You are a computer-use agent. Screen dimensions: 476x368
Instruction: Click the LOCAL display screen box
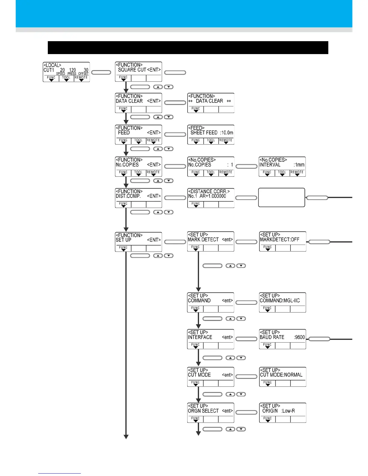[66, 72]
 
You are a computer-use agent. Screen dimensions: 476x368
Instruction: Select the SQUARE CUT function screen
[138, 72]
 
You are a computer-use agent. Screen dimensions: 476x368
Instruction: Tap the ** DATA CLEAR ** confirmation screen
[210, 103]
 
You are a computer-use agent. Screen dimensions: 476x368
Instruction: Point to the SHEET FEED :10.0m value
[212, 133]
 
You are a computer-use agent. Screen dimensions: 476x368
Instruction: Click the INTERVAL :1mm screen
[282, 166]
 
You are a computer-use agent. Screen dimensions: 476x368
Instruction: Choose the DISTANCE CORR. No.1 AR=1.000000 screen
[210, 198]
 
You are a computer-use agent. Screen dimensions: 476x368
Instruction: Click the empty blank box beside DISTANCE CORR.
[281, 197]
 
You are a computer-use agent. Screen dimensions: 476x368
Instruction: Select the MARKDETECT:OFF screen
[283, 241]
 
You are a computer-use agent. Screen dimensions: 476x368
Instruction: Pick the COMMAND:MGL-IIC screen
[283, 302]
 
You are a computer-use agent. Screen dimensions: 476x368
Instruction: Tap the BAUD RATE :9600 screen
[283, 339]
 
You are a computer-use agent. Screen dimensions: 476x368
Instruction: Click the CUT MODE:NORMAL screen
[283, 377]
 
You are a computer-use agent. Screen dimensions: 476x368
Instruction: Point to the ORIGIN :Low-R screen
[283, 413]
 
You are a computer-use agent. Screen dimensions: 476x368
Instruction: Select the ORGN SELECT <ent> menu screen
[210, 413]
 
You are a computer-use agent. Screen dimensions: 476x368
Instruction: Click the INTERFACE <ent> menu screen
[210, 339]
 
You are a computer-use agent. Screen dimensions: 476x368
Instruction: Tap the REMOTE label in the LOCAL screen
[81, 78]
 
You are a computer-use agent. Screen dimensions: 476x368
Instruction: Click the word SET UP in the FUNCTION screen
[124, 240]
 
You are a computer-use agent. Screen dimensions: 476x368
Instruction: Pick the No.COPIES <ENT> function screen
[138, 166]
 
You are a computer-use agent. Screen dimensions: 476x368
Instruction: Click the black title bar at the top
[188, 47]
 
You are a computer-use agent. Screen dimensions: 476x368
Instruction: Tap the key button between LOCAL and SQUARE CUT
[101, 72]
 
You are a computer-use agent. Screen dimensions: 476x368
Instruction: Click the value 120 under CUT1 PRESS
[72, 70]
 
